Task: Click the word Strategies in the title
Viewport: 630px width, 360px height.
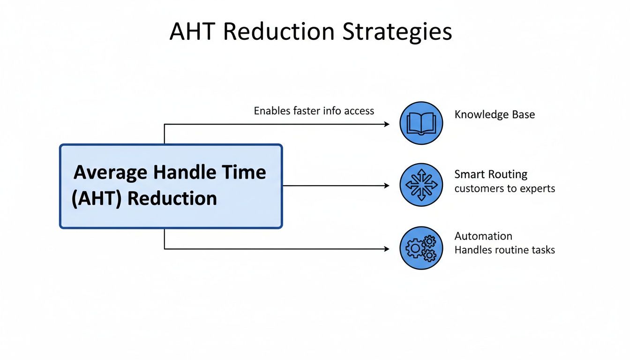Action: tap(397, 32)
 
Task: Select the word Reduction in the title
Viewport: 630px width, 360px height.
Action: tap(278, 32)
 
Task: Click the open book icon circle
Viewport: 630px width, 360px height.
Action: tap(421, 123)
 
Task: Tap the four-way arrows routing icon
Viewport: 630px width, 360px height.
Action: tap(421, 185)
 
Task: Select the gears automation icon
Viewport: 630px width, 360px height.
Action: tap(421, 248)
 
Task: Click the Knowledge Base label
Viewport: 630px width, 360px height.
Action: tap(495, 115)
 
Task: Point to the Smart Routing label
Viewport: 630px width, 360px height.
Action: tap(491, 174)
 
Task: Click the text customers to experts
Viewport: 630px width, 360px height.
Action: tap(504, 188)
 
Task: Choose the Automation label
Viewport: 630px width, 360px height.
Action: tap(483, 236)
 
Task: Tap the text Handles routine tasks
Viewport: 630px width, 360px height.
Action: tap(504, 250)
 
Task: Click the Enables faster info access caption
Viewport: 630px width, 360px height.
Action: tap(314, 111)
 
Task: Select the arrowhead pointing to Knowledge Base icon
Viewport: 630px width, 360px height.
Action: tap(387, 124)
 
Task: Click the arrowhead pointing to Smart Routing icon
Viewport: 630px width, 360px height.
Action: tap(387, 186)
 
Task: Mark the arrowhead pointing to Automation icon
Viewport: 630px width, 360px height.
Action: tap(387, 249)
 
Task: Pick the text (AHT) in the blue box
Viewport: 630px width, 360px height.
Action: tap(97, 198)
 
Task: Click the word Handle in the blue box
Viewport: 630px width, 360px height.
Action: tap(186, 172)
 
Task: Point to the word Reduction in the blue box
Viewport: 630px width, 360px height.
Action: tap(172, 198)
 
